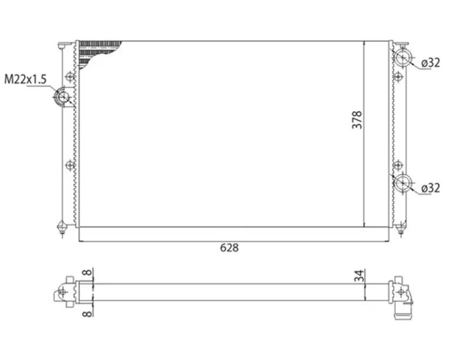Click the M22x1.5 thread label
coord(25,79)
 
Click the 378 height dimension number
coord(357,119)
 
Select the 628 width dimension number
coord(229,248)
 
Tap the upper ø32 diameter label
coord(431,62)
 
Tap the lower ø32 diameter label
coord(431,188)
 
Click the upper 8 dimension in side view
coord(88,272)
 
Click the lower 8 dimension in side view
coord(88,313)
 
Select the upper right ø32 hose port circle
coord(403,58)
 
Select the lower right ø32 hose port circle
coord(403,183)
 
